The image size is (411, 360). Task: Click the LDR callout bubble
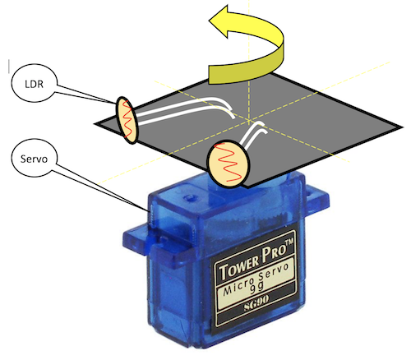(x=35, y=83)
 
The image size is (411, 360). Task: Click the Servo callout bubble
(x=35, y=158)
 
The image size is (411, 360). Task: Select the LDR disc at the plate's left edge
(x=127, y=120)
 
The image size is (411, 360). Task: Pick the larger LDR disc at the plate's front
(x=229, y=164)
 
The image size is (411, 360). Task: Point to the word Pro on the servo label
(x=274, y=254)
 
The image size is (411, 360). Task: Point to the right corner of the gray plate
(x=403, y=127)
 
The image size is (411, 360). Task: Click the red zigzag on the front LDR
(x=229, y=163)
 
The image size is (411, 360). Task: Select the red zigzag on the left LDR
(x=127, y=119)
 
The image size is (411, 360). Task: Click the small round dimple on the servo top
(x=188, y=196)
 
